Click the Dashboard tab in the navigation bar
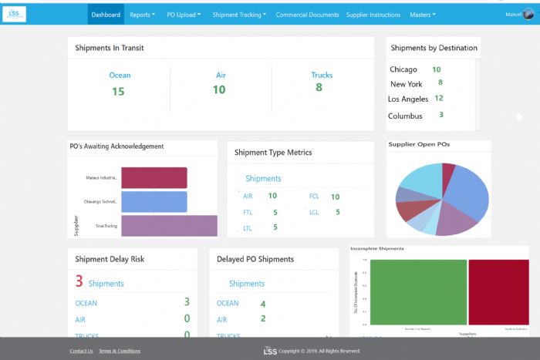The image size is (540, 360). tap(106, 15)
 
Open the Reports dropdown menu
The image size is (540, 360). tap(142, 15)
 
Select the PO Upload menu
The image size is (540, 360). tap(184, 15)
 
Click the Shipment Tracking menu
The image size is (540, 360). tap(239, 15)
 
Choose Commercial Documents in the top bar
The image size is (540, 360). tap(306, 15)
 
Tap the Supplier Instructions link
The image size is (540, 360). tap(373, 15)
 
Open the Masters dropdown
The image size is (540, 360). tap(426, 15)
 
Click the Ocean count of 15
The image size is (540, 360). tap(118, 91)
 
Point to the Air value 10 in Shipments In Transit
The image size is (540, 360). tap(219, 90)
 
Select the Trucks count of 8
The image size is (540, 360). tap(319, 88)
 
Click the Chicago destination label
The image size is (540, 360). tap(403, 69)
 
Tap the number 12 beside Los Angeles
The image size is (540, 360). tap(439, 98)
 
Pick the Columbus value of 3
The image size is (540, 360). tap(441, 115)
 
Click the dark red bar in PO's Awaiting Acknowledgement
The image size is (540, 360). tap(154, 177)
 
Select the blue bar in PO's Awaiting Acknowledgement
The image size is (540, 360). tap(154, 202)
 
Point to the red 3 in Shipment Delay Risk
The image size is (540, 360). tap(79, 282)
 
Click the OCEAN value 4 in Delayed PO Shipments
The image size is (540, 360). tap(263, 304)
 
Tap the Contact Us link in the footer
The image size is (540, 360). tap(81, 351)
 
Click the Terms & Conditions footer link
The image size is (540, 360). tap(120, 351)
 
